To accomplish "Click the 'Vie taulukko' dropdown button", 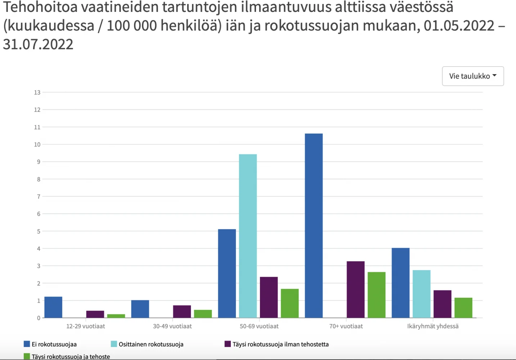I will tap(472, 76).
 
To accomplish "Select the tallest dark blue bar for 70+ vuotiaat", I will tap(314, 226).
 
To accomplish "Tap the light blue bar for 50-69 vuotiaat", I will tap(248, 236).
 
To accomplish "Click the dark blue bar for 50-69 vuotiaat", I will tap(227, 274).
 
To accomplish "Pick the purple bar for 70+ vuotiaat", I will tap(355, 289).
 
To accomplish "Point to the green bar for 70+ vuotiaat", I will tap(376, 295).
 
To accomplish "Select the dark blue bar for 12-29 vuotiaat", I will tap(53, 307).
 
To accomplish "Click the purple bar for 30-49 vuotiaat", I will tap(182, 311).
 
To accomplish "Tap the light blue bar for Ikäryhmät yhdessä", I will tap(421, 294).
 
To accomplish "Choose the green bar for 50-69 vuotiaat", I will tap(290, 303).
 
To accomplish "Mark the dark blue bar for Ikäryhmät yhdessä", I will tap(400, 283).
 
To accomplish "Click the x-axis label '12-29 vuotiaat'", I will tap(86, 326).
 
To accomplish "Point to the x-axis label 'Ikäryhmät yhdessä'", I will tap(433, 326).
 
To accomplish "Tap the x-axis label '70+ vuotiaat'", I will tap(346, 326).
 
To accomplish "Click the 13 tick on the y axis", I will tap(37, 93).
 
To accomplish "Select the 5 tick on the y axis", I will tap(39, 231).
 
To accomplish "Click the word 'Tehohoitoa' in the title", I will tap(40, 7).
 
